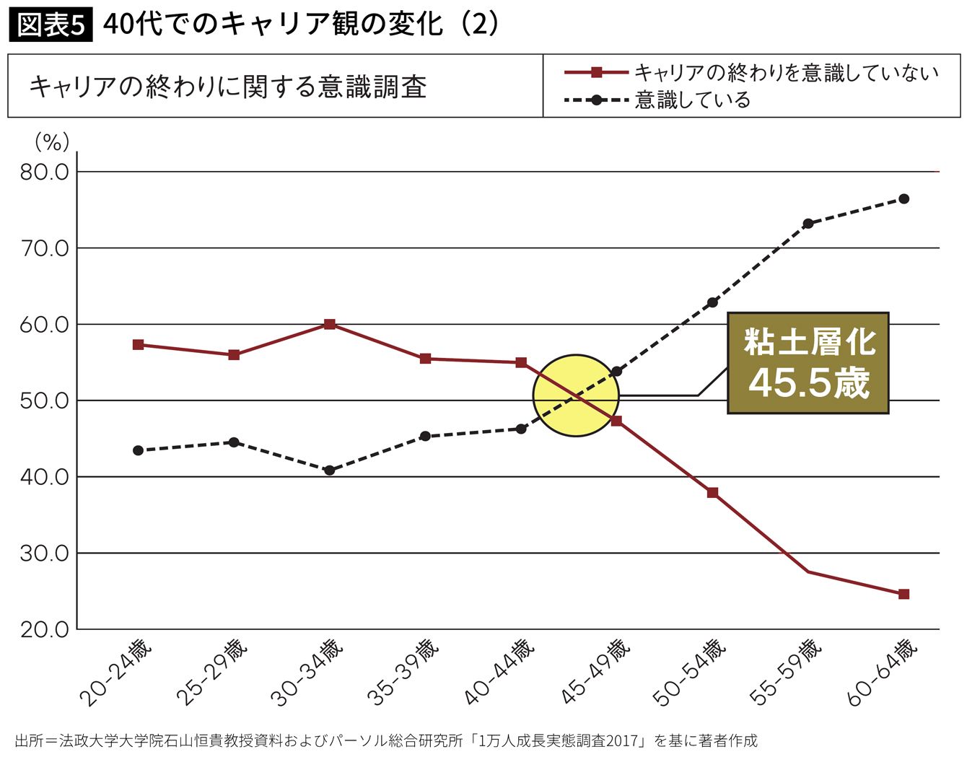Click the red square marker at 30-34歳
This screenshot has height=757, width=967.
click(330, 324)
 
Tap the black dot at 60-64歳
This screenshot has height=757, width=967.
click(903, 198)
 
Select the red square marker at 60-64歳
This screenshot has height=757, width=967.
click(903, 594)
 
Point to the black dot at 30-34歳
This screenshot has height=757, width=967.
click(330, 470)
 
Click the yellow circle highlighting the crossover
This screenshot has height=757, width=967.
click(576, 395)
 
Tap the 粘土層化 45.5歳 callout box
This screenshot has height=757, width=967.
click(808, 363)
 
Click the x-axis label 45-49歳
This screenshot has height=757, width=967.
click(595, 671)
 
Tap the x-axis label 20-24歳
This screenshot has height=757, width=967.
click(115, 671)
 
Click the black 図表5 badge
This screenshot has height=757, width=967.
click(51, 25)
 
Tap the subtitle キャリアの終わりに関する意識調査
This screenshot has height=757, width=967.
click(228, 87)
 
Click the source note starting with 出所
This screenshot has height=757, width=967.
click(386, 740)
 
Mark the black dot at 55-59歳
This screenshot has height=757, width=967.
click(808, 224)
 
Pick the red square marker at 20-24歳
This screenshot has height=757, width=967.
click(139, 344)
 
